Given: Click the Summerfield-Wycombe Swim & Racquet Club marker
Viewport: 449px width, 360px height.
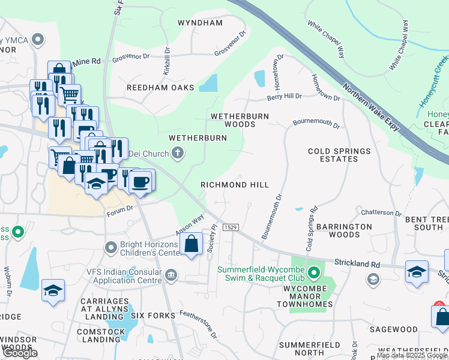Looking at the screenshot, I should point(313,274).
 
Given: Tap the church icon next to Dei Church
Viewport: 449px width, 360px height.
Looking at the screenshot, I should point(177,154).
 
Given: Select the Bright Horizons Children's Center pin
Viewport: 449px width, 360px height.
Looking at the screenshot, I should point(110,247).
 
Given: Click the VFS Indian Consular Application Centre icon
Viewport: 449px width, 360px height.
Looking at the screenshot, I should point(171,276).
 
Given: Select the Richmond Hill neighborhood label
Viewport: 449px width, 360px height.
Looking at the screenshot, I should point(235,185).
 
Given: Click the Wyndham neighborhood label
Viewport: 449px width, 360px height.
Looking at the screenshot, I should point(200,23).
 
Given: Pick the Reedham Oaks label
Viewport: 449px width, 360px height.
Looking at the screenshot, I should point(160,88).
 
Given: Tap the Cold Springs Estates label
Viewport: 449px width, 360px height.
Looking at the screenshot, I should point(339,155).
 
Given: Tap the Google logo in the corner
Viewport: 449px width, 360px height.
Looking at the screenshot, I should point(20,353).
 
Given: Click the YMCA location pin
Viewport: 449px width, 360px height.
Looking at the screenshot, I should point(39,40).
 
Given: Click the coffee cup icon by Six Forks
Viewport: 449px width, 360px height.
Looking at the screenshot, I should point(140,181).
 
